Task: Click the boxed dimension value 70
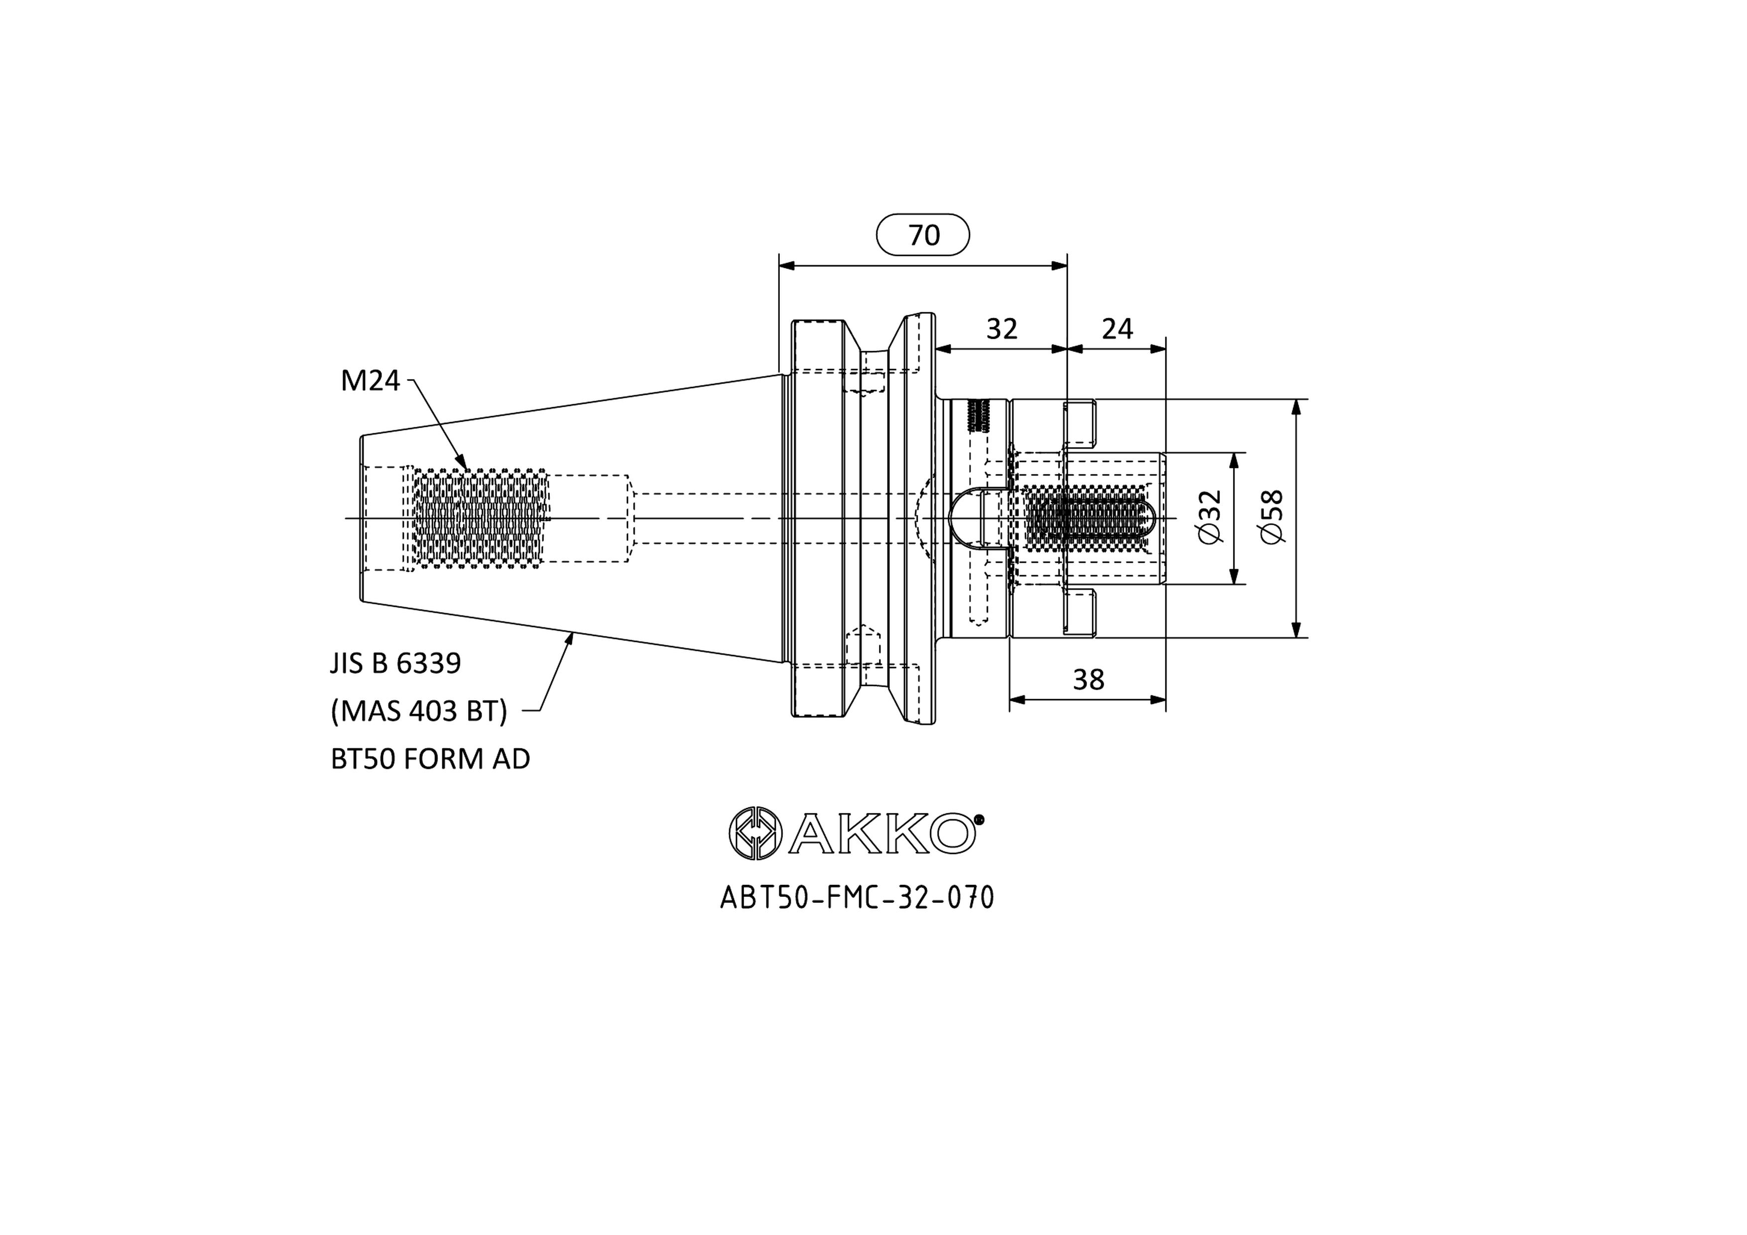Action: click(x=924, y=235)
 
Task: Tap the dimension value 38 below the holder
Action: click(x=1088, y=680)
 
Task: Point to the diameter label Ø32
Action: click(x=1209, y=517)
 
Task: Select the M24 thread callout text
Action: click(x=370, y=380)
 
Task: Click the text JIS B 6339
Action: click(x=395, y=663)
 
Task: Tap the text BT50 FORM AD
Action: click(x=430, y=758)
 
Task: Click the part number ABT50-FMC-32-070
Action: click(x=857, y=898)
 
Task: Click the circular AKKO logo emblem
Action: click(x=755, y=834)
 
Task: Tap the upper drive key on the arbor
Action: click(x=1081, y=424)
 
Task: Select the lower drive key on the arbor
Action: click(x=1081, y=613)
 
